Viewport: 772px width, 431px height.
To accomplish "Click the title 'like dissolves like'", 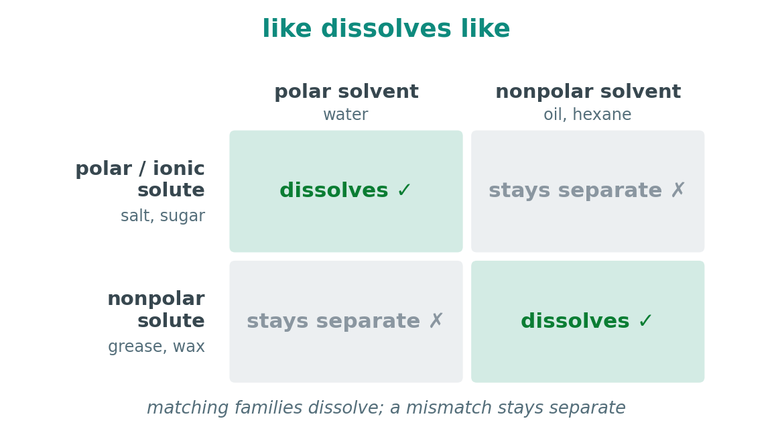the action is point(386,28).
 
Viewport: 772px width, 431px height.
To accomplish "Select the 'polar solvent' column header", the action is point(346,92).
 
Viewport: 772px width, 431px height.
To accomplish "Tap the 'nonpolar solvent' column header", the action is point(588,92).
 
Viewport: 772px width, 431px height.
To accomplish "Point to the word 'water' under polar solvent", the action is point(345,115).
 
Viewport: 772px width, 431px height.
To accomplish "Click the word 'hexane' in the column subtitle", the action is point(602,115).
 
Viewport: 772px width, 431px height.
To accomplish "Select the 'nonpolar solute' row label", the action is point(156,309).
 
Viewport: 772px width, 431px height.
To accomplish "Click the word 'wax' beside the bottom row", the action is point(189,347).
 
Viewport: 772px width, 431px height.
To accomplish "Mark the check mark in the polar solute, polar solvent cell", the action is point(404,190).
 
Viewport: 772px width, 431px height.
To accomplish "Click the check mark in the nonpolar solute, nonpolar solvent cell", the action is point(645,321).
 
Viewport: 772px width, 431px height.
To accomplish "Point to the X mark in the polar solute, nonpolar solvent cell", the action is point(678,190).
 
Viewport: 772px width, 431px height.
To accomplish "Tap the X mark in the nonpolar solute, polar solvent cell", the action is point(436,320).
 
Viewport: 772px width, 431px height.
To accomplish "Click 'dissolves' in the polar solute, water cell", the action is point(334,190).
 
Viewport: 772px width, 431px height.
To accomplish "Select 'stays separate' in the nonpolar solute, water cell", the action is point(333,321).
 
